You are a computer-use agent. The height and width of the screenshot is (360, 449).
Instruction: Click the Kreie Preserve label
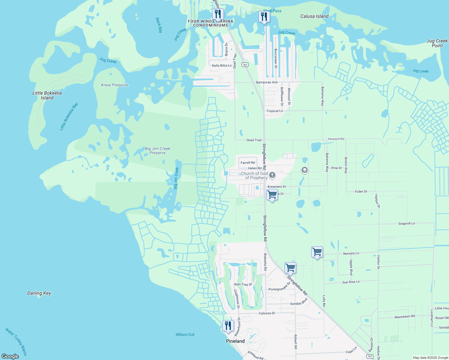[x=115, y=85]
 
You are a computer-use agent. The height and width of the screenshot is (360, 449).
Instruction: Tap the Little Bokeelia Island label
[x=47, y=95]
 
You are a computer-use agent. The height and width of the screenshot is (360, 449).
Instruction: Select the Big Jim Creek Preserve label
[x=158, y=151]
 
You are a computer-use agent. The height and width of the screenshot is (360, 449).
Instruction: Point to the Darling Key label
[x=39, y=293]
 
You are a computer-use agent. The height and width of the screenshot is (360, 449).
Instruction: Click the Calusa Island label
[x=314, y=16]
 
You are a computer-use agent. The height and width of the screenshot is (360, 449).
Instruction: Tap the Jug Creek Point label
[x=437, y=43]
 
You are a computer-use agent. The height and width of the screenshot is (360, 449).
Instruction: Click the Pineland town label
[x=235, y=341]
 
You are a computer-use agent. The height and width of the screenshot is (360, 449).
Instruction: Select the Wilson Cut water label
[x=185, y=334]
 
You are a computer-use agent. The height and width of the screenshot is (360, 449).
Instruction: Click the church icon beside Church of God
[x=272, y=175]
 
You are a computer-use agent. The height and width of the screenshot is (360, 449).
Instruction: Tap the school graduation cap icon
[x=304, y=170]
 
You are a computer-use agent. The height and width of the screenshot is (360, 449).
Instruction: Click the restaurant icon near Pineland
[x=228, y=326]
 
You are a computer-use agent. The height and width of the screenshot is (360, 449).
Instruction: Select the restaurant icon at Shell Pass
[x=264, y=17]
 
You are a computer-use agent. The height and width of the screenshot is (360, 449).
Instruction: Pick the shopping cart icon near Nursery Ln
[x=317, y=252]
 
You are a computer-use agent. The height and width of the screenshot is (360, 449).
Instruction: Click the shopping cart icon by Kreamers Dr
[x=272, y=195]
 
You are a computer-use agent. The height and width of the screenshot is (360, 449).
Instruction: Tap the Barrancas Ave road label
[x=267, y=82]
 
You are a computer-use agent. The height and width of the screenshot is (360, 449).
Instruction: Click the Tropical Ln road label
[x=275, y=111]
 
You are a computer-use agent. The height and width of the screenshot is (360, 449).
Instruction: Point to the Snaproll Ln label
[x=406, y=223]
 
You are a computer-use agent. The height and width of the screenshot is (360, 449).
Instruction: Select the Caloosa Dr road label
[x=267, y=313]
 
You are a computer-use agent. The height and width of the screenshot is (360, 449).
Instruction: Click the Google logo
[x=10, y=356]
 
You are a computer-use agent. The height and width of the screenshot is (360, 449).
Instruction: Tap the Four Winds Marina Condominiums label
[x=210, y=23]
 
